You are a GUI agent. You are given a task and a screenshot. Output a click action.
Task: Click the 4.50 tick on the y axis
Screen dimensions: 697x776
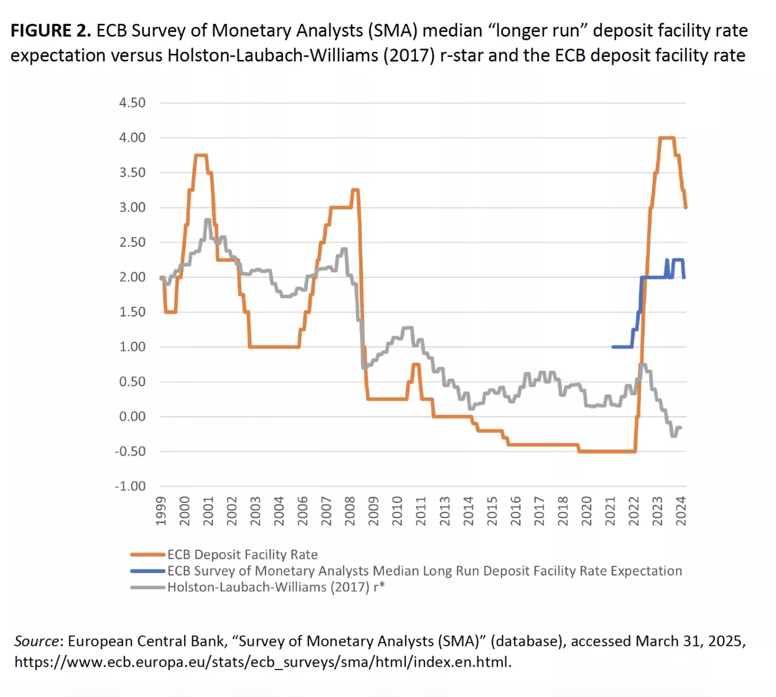(132, 102)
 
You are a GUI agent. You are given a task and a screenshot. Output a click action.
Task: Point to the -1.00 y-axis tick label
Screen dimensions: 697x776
(130, 486)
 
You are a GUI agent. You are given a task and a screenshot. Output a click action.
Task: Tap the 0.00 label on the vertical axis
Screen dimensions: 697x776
(132, 416)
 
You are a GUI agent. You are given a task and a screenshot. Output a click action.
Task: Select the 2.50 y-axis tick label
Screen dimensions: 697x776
(132, 242)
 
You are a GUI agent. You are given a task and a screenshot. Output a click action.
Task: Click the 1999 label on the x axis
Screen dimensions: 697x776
(161, 510)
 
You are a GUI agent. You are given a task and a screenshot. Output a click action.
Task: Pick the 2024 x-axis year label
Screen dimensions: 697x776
(681, 510)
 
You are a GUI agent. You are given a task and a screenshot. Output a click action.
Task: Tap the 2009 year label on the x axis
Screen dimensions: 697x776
(373, 510)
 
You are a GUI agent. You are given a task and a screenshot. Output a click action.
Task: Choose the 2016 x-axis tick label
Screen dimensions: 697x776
(516, 510)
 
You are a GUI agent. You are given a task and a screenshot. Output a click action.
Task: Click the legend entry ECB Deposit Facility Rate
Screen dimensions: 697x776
(242, 554)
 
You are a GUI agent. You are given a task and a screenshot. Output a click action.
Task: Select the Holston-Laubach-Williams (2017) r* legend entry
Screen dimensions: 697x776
(276, 586)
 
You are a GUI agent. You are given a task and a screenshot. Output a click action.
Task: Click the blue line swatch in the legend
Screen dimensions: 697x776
(147, 571)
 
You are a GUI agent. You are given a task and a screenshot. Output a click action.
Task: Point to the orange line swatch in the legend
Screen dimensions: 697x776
(147, 555)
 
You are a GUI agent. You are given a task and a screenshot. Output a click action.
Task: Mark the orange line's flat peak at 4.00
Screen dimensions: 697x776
(667, 138)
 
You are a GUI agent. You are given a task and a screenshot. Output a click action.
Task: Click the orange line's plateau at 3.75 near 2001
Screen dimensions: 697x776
(200, 155)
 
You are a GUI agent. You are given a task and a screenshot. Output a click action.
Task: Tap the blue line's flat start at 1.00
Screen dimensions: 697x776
(622, 347)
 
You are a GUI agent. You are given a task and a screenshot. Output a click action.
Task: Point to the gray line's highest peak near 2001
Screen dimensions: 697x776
(207, 220)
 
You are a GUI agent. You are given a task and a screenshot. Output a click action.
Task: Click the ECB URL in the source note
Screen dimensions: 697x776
(262, 662)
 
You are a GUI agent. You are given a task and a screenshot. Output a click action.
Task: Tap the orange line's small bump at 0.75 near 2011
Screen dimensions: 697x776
(415, 364)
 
